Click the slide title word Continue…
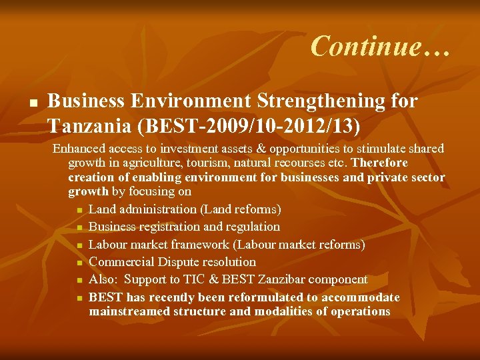click(x=381, y=47)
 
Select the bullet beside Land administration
click(x=79, y=210)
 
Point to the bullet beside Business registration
click(x=79, y=227)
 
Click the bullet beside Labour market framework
click(x=79, y=245)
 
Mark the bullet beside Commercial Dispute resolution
click(x=79, y=262)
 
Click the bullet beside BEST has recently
click(x=79, y=297)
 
